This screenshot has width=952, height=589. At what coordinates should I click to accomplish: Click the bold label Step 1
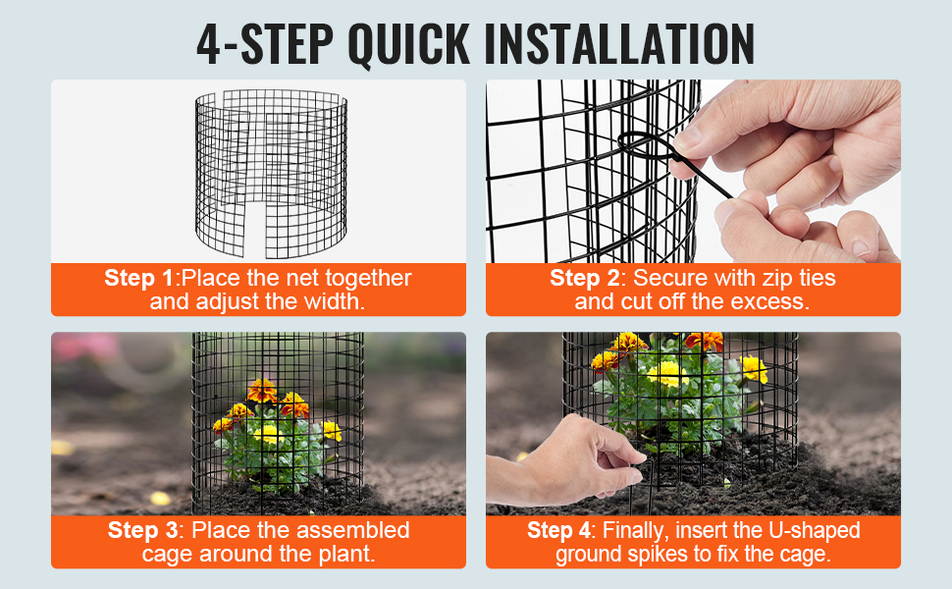(x=139, y=278)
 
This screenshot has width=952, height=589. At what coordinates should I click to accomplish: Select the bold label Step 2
(x=585, y=278)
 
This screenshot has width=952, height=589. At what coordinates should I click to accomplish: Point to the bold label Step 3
(x=142, y=530)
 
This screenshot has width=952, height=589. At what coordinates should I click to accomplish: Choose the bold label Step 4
(x=558, y=530)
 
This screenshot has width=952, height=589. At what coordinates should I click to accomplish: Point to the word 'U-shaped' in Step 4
(x=815, y=530)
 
